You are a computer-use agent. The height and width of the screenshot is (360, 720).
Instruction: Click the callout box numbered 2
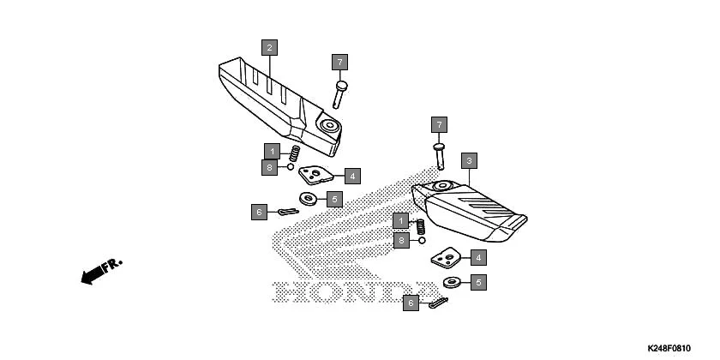tap(270, 47)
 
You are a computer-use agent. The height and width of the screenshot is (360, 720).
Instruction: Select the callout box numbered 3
tap(468, 160)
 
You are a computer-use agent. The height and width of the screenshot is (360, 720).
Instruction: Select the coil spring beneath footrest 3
tap(421, 228)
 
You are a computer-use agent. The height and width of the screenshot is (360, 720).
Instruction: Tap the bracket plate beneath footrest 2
tap(316, 176)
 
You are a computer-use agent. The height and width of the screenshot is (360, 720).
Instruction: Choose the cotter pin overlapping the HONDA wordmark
tap(436, 303)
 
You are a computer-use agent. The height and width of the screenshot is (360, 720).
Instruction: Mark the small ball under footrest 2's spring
tap(291, 167)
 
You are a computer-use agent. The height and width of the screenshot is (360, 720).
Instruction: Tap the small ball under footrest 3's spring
tap(423, 242)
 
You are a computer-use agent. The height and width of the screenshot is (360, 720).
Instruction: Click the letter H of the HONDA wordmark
tap(290, 293)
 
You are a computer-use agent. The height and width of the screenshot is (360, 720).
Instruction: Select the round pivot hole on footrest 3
tap(442, 185)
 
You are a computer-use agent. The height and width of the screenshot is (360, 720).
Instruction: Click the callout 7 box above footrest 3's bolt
tap(439, 125)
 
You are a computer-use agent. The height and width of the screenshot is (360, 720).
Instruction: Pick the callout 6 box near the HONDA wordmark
tap(411, 303)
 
